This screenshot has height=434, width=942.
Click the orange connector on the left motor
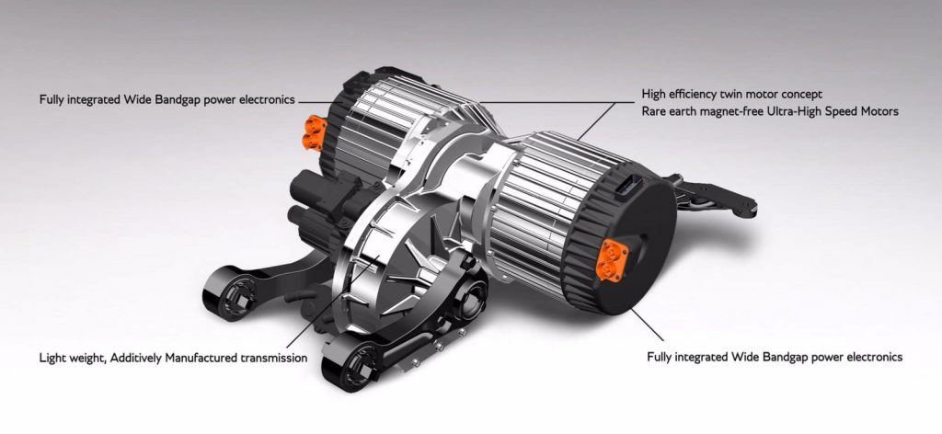(x=316, y=132)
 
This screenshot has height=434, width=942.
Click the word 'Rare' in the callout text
(x=654, y=111)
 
